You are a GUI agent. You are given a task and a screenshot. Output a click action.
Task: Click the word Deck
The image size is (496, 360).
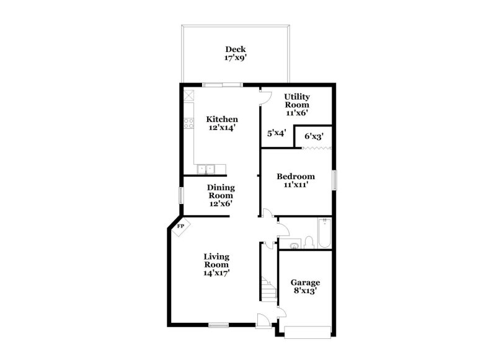pos(235,50)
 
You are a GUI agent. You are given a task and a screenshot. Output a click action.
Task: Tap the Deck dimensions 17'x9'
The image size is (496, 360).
pos(235,58)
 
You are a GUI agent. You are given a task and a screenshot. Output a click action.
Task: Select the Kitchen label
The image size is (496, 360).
pos(222,119)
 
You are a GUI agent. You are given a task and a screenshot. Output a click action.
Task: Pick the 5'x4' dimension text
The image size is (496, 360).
pos(276,133)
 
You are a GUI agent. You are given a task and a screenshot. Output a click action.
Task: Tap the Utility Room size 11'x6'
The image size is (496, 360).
pos(296,113)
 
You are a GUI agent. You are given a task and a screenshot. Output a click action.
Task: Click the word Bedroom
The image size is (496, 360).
pos(296,176)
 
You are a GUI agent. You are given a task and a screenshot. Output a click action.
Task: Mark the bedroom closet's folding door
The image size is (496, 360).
pos(314,147)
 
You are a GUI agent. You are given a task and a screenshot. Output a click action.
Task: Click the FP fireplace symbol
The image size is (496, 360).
pos(181,227)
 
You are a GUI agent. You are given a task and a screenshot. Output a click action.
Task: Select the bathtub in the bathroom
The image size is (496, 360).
pos(324,234)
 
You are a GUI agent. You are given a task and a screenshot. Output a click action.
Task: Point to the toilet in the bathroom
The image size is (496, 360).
pos(309,242)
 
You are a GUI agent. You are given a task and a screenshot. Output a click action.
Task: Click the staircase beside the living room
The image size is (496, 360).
pos(267,289)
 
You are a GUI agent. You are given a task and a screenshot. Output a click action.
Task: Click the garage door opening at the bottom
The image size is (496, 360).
pos(308,333)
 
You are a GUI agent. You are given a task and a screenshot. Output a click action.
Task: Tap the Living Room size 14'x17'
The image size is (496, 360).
pos(217,273)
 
